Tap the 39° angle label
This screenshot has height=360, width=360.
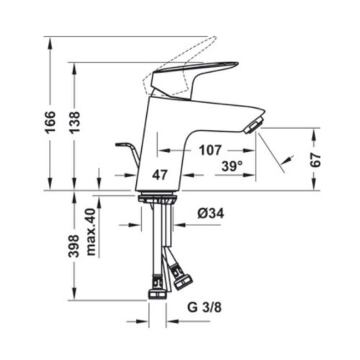(x=231, y=166)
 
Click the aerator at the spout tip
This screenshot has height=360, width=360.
(x=252, y=126)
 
